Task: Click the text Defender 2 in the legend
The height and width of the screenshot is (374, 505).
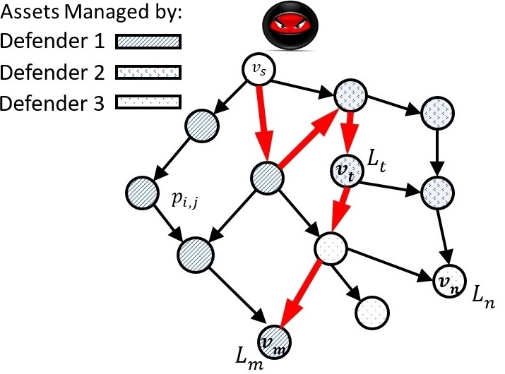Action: pos(50,73)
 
